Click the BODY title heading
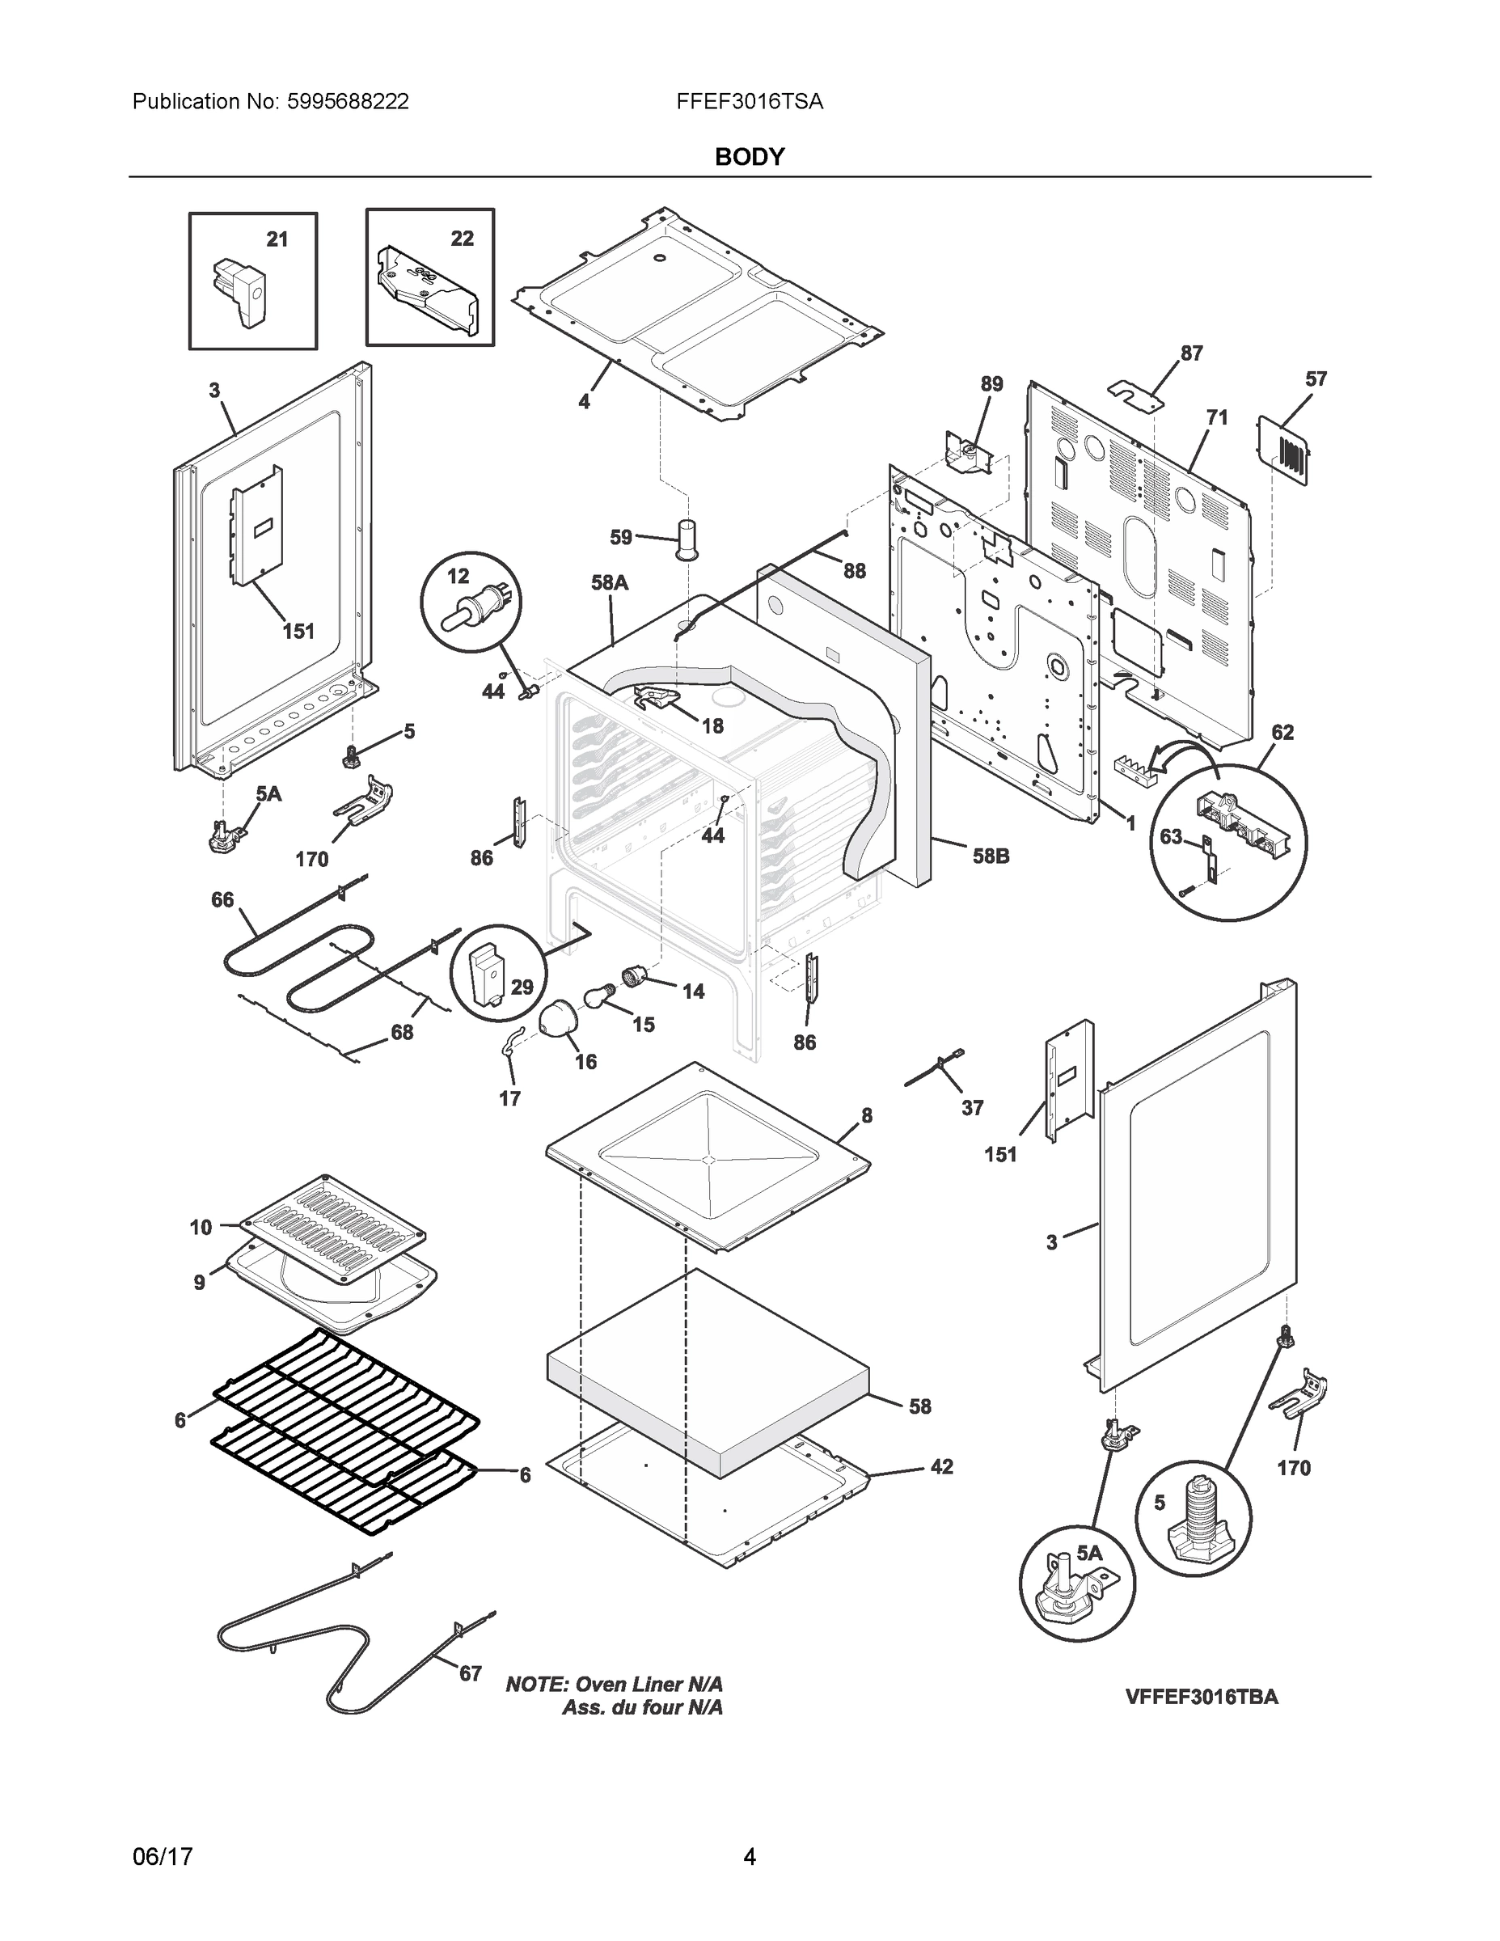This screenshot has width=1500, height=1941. (x=749, y=158)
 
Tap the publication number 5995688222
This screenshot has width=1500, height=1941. (x=348, y=102)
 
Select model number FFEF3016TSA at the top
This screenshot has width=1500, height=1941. (x=749, y=102)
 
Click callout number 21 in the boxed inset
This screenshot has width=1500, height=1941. (x=277, y=239)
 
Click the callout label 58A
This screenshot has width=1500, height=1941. (x=610, y=583)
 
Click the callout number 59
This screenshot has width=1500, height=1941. (x=621, y=537)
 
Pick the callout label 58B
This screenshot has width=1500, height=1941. (x=991, y=856)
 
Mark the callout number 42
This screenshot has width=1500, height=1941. (x=941, y=1466)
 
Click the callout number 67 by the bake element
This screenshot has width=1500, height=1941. (x=470, y=1673)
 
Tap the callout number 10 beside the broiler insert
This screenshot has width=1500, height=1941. (x=201, y=1228)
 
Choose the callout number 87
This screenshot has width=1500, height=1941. (x=1191, y=353)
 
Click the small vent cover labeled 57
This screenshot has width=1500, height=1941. (x=1282, y=452)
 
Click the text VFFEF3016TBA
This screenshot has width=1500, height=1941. (x=1202, y=1697)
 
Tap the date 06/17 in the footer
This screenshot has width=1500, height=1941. (x=163, y=1857)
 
